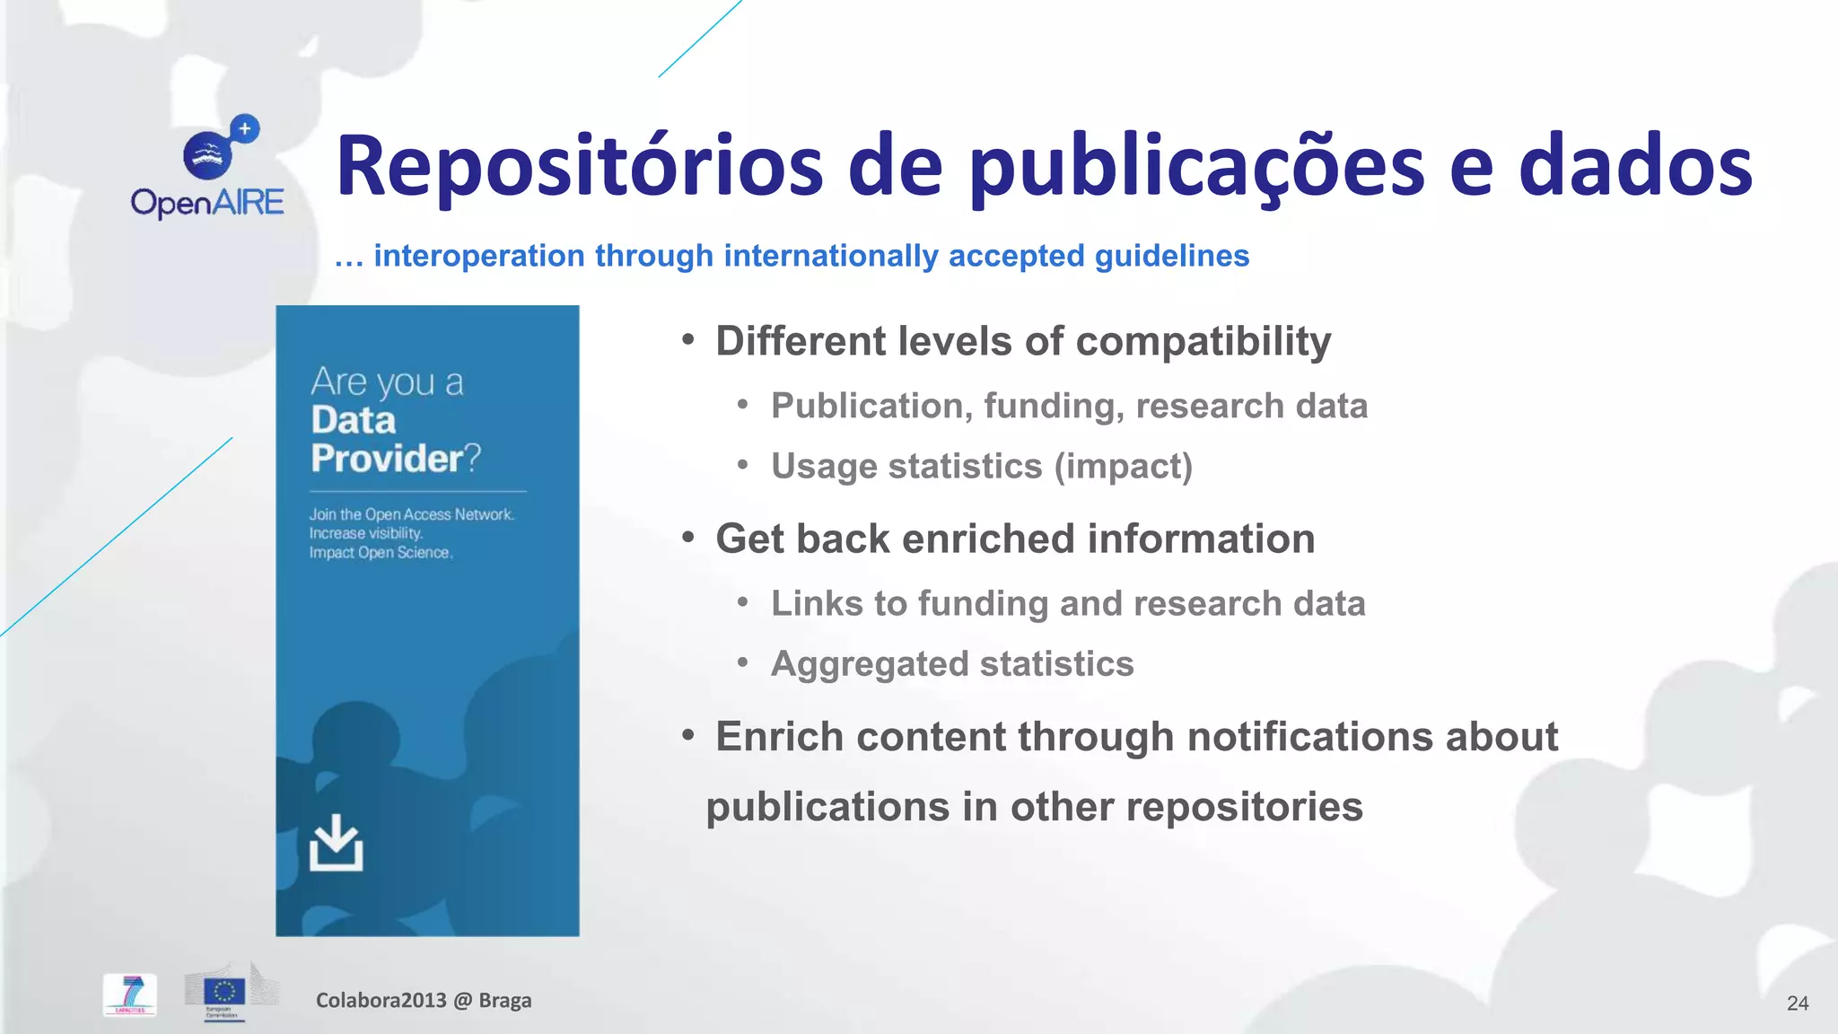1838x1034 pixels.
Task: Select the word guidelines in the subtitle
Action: [x=1172, y=256]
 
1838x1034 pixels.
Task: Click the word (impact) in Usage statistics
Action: [x=1123, y=467]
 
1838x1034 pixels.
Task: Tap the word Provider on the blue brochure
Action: [x=387, y=459]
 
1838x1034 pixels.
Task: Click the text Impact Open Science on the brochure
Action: [x=381, y=553]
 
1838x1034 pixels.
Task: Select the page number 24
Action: [x=1797, y=1003]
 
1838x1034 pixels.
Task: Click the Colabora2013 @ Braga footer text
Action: [x=423, y=1001]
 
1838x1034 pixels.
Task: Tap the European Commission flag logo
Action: [x=223, y=993]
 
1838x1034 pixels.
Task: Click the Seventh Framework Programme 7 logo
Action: [x=131, y=995]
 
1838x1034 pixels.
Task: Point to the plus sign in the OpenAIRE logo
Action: [x=244, y=129]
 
